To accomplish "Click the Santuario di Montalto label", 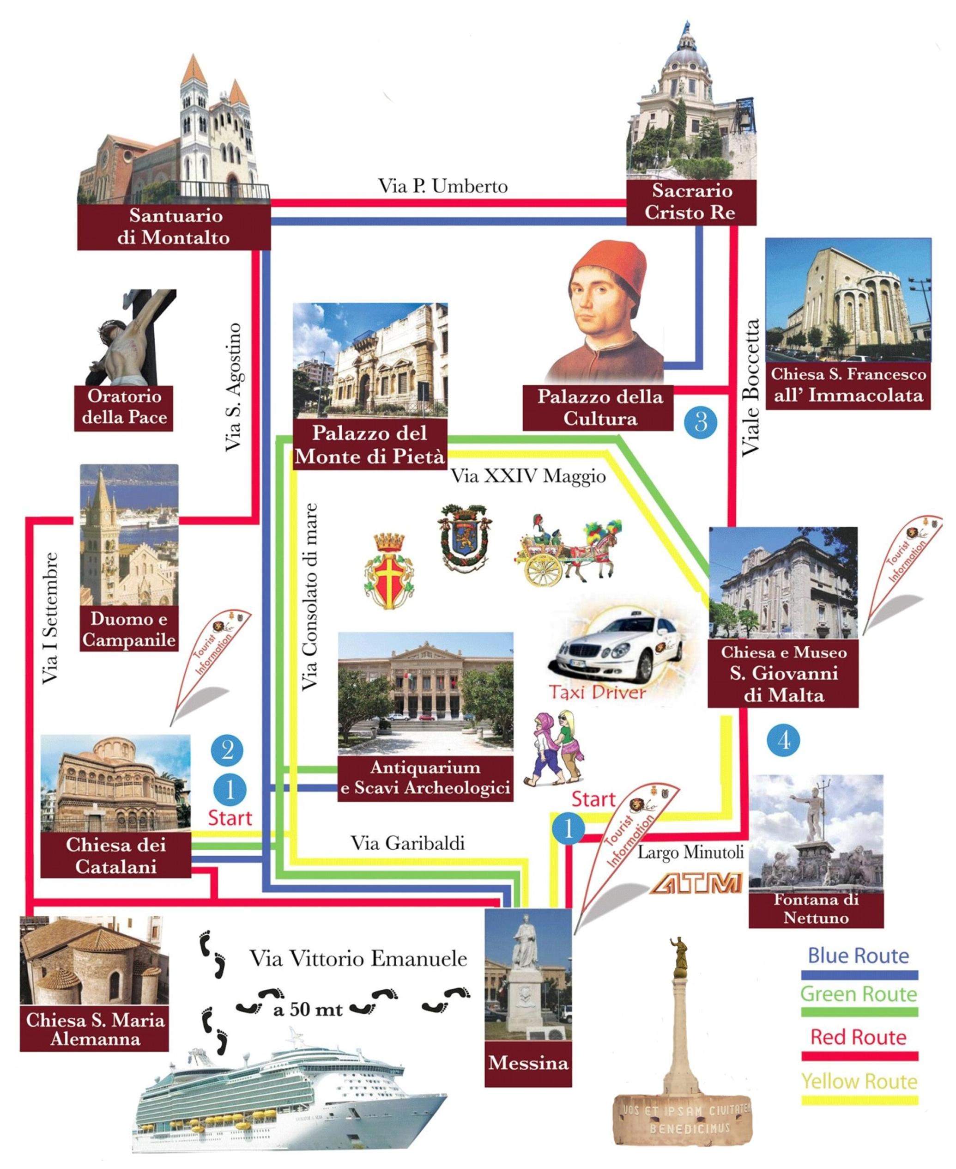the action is [x=174, y=226].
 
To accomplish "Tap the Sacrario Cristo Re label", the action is [x=690, y=201].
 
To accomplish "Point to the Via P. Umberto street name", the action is [x=443, y=186].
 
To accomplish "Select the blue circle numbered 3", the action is [x=701, y=422].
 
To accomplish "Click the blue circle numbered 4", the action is [x=784, y=741].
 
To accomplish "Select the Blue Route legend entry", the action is [x=858, y=956].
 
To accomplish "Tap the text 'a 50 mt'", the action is [x=308, y=1009].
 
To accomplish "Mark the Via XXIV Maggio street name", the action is [x=528, y=476].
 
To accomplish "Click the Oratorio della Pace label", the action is [x=124, y=407].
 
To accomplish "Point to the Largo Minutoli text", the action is [x=690, y=852].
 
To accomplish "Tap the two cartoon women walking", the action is [x=553, y=749].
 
